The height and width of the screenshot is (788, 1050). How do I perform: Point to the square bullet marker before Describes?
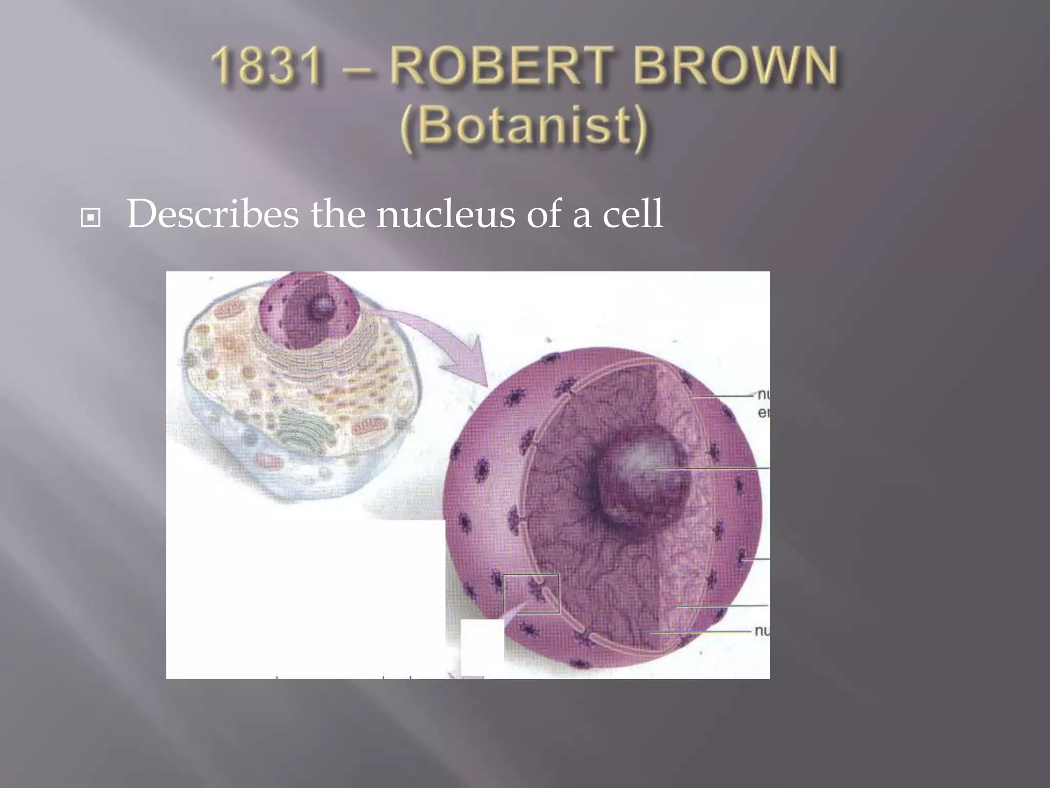91,219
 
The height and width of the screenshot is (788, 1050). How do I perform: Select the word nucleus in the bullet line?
445,214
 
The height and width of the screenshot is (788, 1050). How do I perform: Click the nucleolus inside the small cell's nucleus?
322,307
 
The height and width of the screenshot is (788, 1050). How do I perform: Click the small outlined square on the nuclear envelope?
531,594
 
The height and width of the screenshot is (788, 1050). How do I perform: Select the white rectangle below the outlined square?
482,647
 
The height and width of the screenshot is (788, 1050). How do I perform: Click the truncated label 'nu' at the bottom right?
762,631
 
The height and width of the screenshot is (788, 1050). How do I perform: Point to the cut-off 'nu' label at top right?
763,395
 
